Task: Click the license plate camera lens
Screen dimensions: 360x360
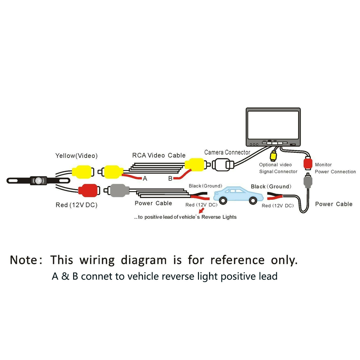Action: (39, 181)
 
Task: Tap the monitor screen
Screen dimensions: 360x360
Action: (273, 125)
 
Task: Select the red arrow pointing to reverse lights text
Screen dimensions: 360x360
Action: (202, 210)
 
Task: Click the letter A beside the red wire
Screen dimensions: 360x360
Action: (145, 179)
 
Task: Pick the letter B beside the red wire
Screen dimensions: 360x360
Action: (170, 179)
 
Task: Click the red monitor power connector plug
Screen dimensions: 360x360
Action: (308, 163)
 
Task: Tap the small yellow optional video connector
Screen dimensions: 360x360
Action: (273, 156)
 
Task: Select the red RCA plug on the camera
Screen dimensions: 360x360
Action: (89, 190)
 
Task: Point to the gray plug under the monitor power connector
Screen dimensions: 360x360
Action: (308, 181)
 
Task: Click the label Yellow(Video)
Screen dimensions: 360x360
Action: (76, 156)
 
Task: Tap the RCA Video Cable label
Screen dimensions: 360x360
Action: (159, 155)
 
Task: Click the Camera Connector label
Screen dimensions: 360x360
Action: (227, 152)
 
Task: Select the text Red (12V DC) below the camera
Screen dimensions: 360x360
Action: (76, 205)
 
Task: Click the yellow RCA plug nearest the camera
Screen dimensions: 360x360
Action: (83, 172)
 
